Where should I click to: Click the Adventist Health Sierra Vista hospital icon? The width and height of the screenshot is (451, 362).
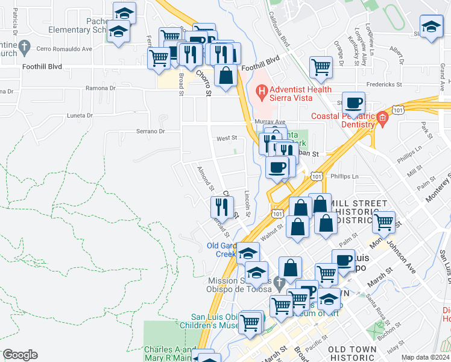261,92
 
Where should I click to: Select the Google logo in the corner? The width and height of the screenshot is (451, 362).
20,354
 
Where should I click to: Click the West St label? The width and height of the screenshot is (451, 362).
227,138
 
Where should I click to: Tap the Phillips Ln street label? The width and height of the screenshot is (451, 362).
345,176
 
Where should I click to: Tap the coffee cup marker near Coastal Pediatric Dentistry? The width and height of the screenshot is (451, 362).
353,102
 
